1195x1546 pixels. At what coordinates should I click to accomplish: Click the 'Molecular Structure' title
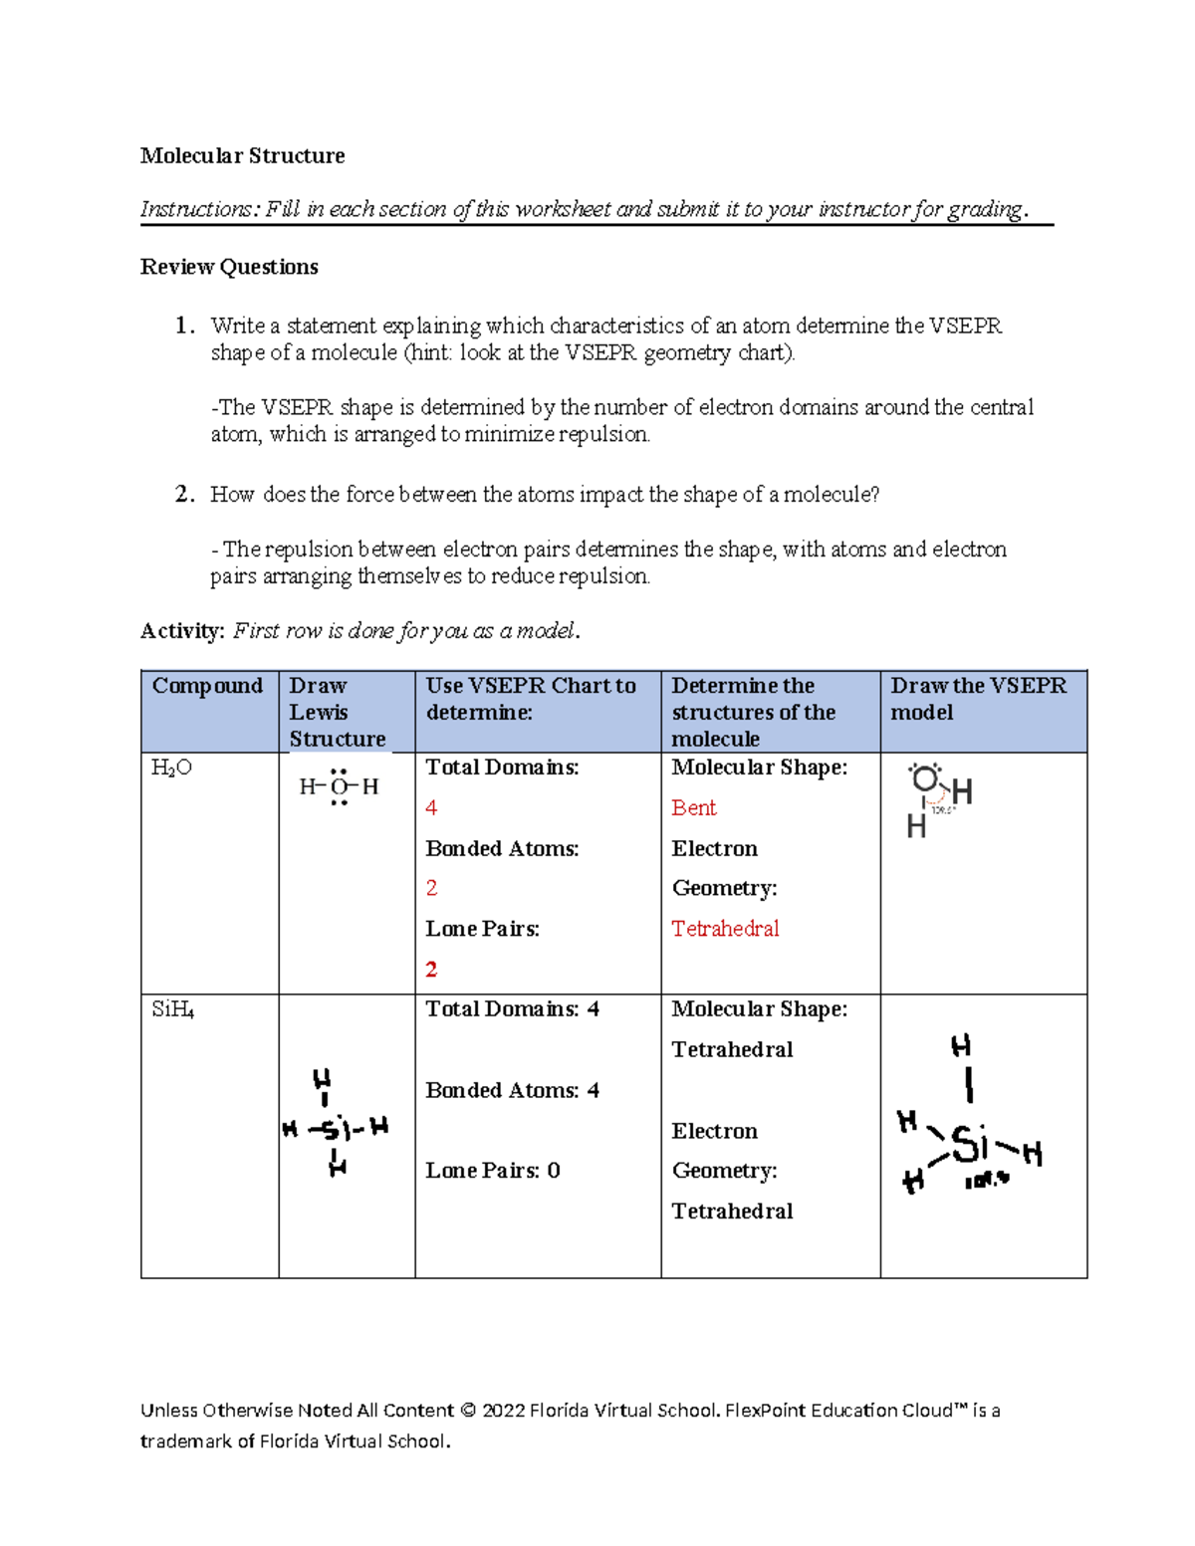coord(242,155)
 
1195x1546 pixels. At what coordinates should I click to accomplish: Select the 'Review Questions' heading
coord(229,267)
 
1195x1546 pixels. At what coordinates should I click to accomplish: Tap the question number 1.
coord(182,326)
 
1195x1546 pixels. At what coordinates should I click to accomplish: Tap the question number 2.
coord(182,495)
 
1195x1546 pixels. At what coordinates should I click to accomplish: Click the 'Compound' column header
coord(207,686)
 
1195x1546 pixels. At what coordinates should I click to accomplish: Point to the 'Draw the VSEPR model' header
coord(978,699)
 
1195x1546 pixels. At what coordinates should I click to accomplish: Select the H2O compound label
coord(171,768)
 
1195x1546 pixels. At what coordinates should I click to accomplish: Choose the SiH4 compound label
coord(172,1009)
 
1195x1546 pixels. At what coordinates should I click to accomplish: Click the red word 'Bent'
coord(693,808)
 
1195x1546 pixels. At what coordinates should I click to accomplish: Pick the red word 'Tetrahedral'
coord(725,929)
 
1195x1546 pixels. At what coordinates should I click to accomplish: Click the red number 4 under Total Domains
coord(431,808)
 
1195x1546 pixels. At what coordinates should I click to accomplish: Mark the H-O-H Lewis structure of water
coord(339,786)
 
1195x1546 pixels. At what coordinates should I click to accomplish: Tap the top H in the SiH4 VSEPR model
coord(961,1046)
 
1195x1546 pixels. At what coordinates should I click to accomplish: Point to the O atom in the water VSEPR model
coord(926,778)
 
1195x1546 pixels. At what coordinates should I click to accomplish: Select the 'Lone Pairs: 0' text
coord(493,1171)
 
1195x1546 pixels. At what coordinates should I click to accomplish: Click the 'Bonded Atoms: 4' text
coord(512,1090)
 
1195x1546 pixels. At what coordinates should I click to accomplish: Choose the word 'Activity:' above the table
coord(182,631)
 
